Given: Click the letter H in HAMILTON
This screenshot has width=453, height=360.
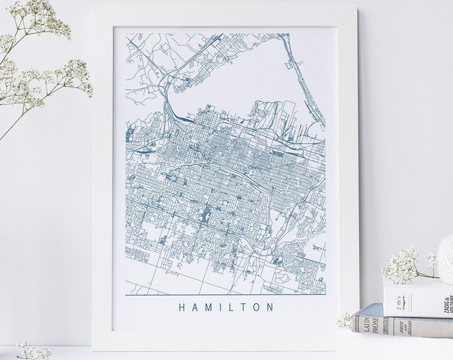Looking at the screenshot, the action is click(182, 307).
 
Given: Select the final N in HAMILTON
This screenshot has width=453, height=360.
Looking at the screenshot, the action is click(270, 307).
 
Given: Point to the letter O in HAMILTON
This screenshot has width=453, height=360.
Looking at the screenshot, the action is click(257, 307).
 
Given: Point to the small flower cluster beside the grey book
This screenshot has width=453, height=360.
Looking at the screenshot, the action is click(345, 321).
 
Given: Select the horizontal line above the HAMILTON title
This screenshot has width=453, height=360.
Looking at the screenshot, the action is click(225, 295).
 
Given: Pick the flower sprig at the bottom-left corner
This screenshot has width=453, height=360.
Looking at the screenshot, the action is click(30, 351).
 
